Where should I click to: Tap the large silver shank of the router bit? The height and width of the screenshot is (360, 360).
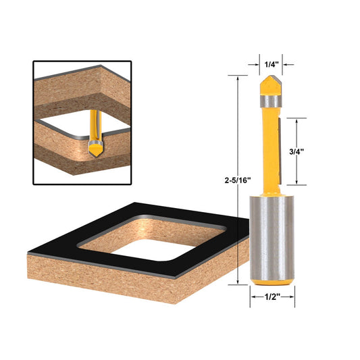click(272, 236)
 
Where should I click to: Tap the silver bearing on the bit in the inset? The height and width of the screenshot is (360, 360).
click(95, 138)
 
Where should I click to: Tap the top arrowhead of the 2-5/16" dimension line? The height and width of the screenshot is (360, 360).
click(238, 78)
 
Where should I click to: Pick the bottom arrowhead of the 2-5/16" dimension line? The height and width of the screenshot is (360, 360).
click(238, 284)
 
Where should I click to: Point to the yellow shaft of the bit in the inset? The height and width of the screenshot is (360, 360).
click(94, 122)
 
